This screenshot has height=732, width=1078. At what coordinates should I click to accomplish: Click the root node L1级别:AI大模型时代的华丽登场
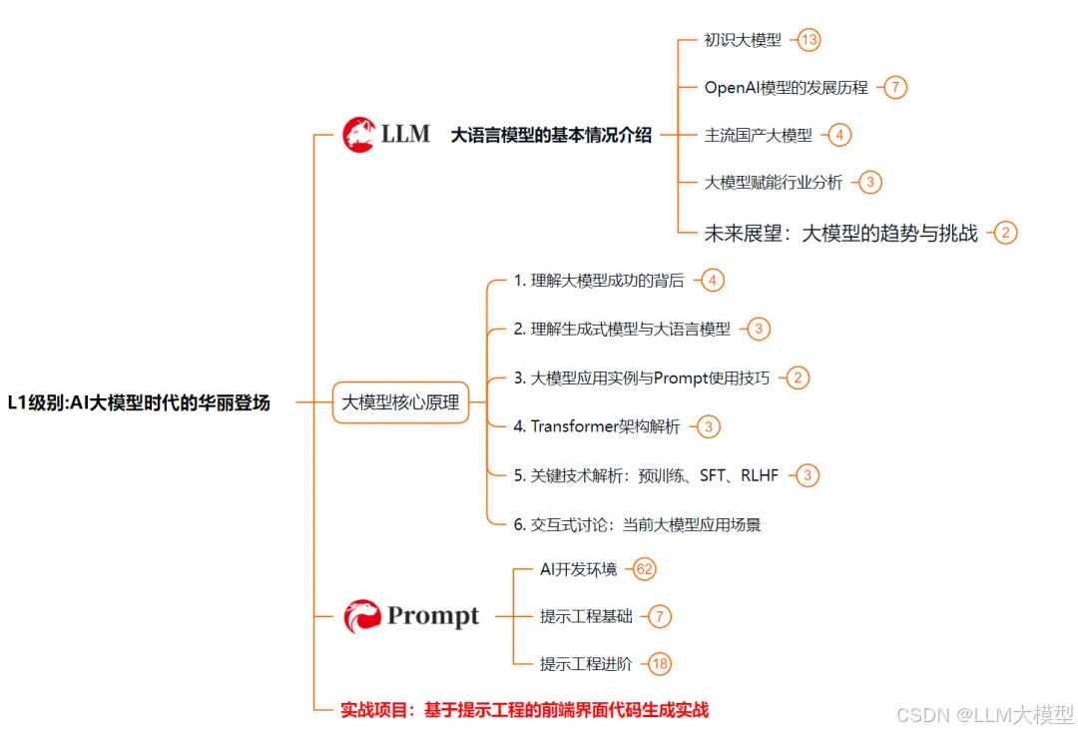tap(139, 403)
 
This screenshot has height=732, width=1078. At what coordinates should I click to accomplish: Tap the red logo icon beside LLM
tap(358, 134)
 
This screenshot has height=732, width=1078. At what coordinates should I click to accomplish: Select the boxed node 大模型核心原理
tap(400, 403)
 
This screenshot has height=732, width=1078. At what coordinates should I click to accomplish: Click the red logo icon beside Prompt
tap(362, 616)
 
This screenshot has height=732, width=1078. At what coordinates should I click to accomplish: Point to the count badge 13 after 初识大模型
tap(809, 40)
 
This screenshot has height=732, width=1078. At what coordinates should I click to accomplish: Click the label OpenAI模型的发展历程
tap(786, 87)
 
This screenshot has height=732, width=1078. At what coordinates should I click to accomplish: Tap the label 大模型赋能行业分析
tap(774, 182)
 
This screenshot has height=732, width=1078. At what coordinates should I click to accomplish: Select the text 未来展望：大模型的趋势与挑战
tap(840, 233)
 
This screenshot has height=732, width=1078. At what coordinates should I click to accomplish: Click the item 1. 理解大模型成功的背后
tap(599, 281)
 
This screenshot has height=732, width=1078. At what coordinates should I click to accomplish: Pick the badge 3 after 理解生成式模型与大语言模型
tap(760, 329)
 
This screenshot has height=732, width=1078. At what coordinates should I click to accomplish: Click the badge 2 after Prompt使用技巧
tap(798, 377)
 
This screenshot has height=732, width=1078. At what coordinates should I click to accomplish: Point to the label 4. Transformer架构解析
tap(597, 426)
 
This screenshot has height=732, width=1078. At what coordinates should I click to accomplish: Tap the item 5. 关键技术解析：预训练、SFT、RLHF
tap(646, 475)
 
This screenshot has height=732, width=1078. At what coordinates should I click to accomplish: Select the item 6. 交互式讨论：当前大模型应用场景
tap(637, 524)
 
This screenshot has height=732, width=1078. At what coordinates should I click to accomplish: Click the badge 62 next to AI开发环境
tap(644, 569)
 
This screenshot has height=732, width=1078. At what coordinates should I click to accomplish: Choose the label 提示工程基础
tap(586, 616)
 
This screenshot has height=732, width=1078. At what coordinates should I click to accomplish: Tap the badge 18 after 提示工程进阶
tap(660, 663)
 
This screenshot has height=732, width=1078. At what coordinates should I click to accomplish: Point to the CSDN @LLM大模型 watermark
tap(984, 714)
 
